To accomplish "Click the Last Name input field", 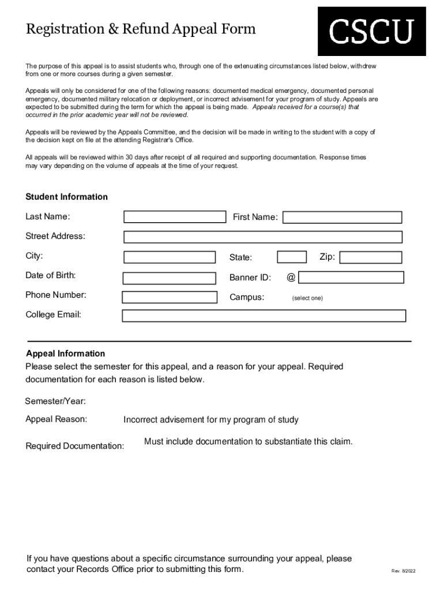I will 175,217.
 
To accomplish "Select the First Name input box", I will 342,218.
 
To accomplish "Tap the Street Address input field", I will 262,237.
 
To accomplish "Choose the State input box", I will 292,257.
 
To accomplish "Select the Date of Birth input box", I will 169,278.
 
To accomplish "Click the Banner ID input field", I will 351,278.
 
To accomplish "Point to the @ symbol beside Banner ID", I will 291,278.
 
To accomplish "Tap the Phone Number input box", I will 169,297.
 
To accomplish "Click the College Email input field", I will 264,316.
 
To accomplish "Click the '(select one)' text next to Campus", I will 307,298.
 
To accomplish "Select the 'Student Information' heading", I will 66,197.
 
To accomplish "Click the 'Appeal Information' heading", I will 66,354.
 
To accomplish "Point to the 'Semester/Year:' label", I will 55,401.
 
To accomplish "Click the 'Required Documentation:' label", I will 74,446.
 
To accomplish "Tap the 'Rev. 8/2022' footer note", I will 403,571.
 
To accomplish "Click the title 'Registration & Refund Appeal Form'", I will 140,29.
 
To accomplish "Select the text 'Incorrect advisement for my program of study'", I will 210,420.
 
